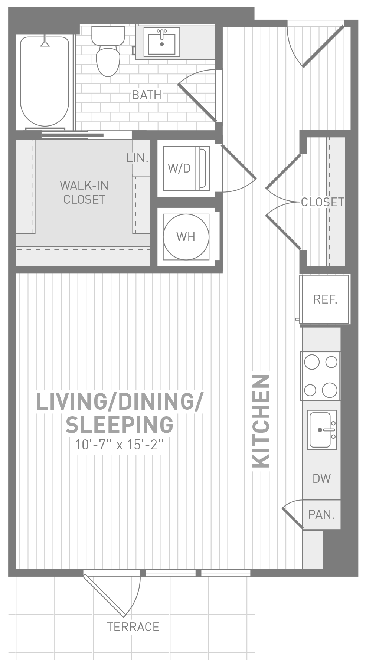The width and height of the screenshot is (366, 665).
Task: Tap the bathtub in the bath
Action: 45,82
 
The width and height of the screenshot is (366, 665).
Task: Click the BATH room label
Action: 147,95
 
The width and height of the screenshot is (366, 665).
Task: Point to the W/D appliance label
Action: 179,168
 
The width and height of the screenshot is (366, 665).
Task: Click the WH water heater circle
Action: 186,236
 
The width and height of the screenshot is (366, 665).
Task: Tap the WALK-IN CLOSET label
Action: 84,192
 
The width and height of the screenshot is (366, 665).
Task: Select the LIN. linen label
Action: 137,158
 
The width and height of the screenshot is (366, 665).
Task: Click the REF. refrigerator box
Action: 325,299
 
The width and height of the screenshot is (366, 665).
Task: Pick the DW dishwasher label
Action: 321,478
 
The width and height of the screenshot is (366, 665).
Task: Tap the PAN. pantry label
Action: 321,514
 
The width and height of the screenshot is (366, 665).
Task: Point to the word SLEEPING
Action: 120,425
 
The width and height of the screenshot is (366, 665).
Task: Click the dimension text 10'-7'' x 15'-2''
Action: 120,444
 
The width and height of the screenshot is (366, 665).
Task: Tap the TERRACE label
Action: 133,627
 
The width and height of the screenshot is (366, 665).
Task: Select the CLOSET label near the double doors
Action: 323,202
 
